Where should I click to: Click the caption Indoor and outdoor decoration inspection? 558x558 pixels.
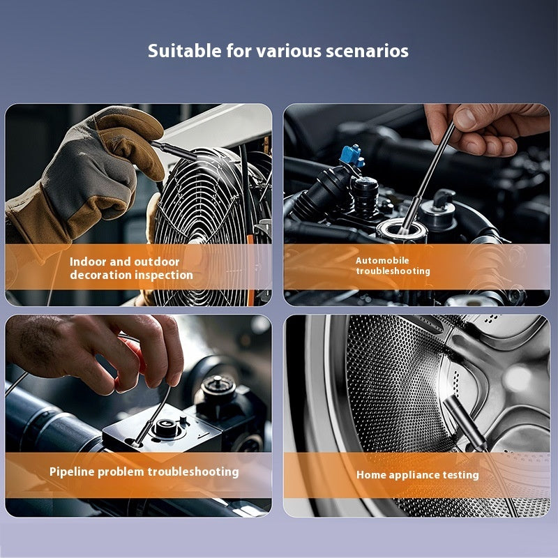click(x=131, y=269)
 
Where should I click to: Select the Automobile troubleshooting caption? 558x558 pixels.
click(x=393, y=266)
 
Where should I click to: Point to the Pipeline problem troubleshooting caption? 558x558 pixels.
click(x=144, y=472)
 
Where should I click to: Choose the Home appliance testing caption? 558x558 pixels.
click(x=417, y=474)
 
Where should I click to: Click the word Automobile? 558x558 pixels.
click(x=383, y=260)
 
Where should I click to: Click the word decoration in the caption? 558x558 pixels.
click(x=98, y=275)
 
